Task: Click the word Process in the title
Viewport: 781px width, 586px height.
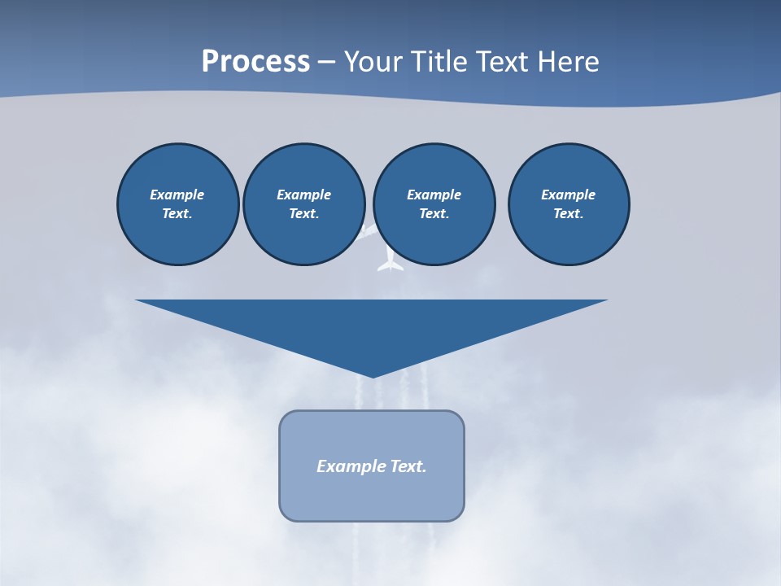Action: pos(255,62)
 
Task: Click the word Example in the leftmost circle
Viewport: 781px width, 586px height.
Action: pos(177,195)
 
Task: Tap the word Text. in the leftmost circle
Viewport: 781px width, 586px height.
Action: pos(177,213)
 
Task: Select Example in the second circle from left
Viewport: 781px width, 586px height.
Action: pos(303,195)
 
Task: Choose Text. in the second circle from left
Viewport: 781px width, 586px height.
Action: pos(303,213)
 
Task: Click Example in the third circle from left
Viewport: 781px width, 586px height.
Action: pos(434,195)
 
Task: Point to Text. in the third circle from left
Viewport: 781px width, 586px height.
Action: pos(434,213)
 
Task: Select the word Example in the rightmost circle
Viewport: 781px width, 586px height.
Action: pos(568,195)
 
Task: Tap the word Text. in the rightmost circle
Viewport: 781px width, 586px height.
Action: pos(568,213)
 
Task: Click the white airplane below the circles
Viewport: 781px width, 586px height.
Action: pos(390,261)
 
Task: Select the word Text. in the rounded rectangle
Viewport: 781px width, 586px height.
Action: pos(408,466)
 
